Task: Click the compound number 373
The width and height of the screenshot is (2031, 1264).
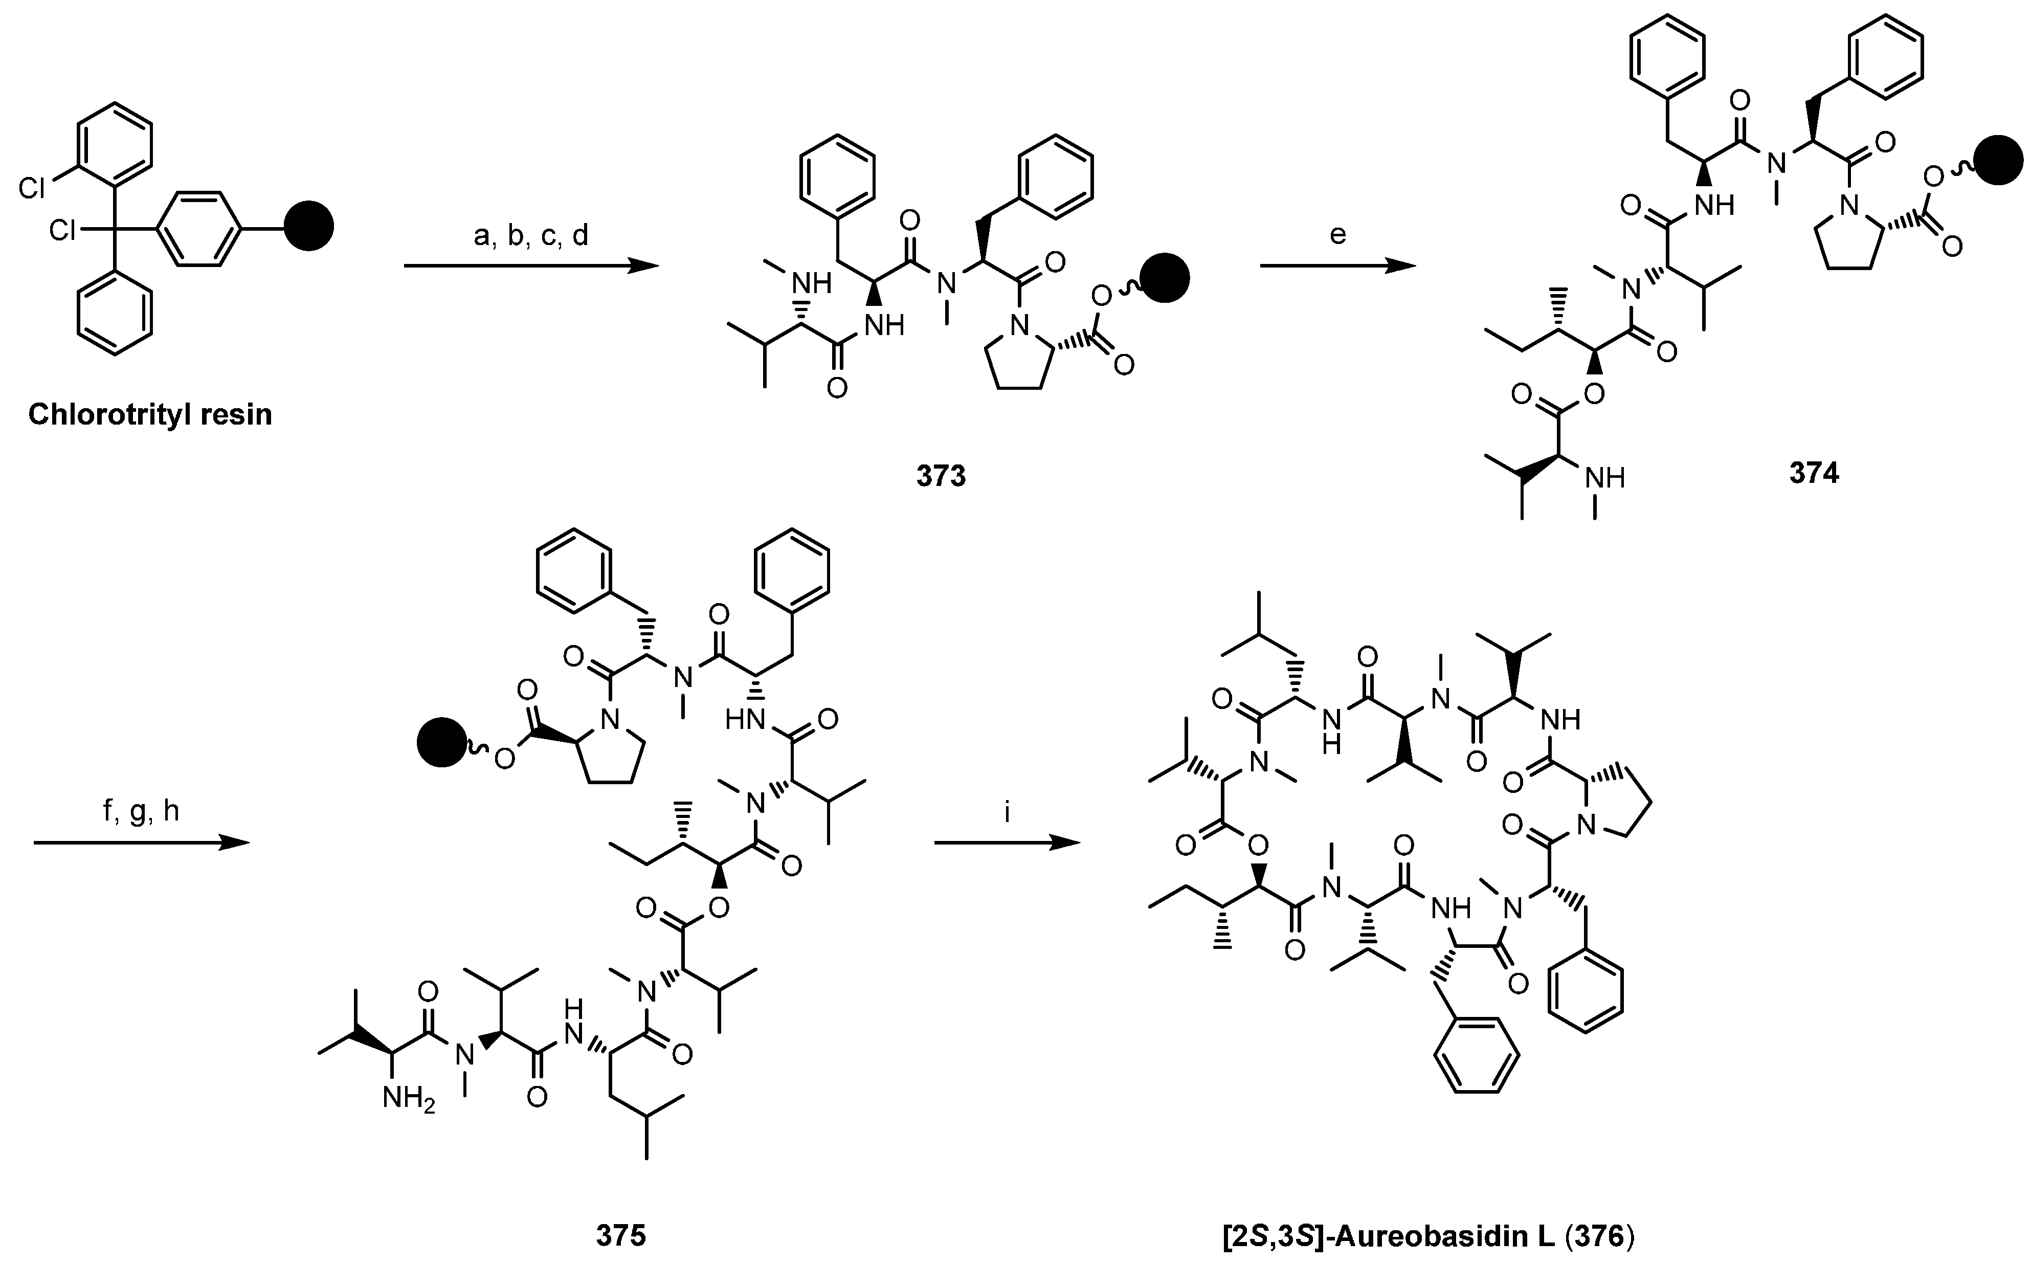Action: [x=940, y=476]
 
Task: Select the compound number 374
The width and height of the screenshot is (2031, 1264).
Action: [x=1814, y=473]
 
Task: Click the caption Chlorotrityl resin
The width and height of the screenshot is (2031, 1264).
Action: [x=150, y=415]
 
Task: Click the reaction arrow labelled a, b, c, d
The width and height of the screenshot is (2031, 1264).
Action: [x=531, y=267]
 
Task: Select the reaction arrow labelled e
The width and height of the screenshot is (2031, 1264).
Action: [x=1337, y=267]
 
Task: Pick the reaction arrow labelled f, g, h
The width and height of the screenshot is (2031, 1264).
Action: [x=142, y=844]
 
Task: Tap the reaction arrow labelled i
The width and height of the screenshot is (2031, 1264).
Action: [x=1007, y=844]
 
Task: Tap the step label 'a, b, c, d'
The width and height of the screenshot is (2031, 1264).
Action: [x=531, y=236]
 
